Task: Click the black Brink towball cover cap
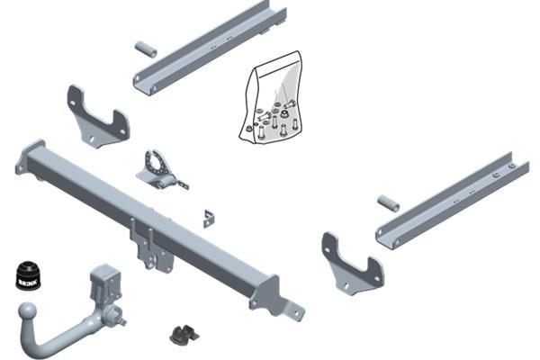(28, 275)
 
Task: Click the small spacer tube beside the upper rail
(146, 49)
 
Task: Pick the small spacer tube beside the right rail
(389, 202)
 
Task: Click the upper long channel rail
(210, 47)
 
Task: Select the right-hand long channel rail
(453, 199)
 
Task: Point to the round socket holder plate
(157, 165)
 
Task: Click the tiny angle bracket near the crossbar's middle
(209, 219)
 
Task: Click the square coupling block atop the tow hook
(105, 283)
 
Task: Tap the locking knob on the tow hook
(115, 316)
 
